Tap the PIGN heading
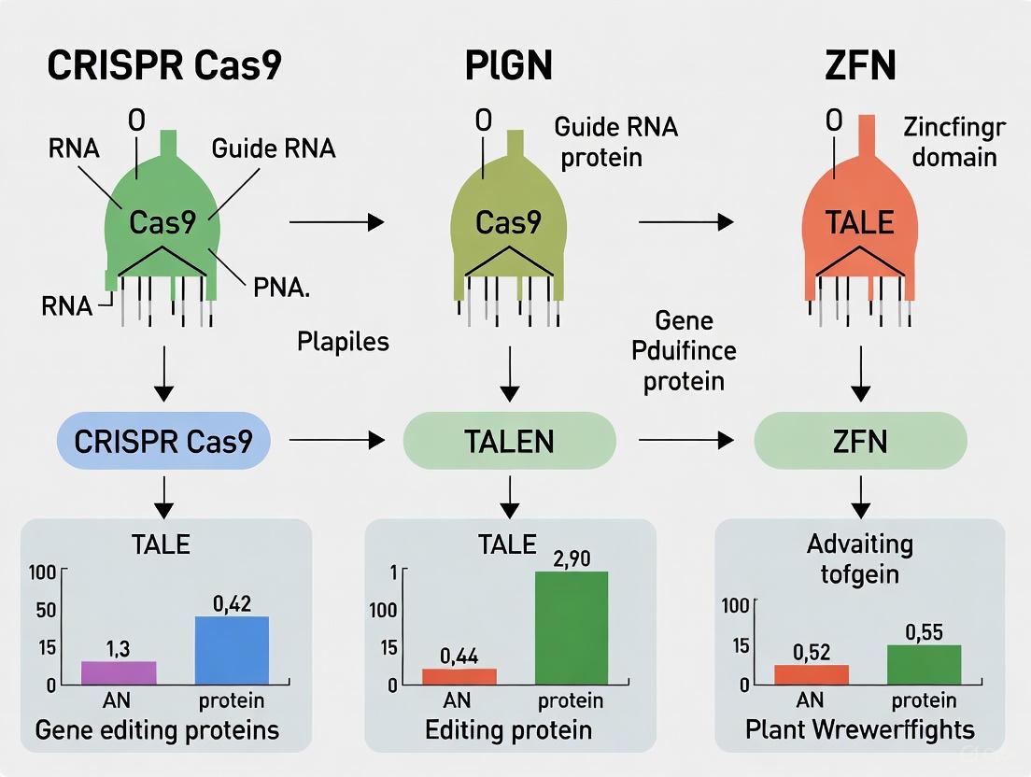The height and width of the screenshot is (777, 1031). pos(509,66)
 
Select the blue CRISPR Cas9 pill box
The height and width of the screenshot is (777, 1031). pos(163,440)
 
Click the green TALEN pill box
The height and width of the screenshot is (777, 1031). pos(509,440)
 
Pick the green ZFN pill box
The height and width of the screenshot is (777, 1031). pos(859,440)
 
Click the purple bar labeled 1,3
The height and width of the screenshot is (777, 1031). pos(119,672)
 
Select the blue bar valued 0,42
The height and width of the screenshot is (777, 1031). pos(232,650)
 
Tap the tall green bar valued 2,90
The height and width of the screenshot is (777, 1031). pos(571,628)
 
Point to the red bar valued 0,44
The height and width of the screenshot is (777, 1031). pos(459,676)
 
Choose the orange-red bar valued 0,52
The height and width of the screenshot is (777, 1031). pos(812,674)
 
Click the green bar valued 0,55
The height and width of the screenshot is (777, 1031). pos(924,664)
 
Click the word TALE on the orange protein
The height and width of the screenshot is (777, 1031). pos(858,222)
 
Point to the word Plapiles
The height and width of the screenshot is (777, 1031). pos(343,342)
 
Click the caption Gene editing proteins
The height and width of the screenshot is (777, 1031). pos(157,729)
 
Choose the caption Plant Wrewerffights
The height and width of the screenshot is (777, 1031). pos(859,729)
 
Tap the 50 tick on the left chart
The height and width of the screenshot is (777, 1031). pos(45,611)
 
